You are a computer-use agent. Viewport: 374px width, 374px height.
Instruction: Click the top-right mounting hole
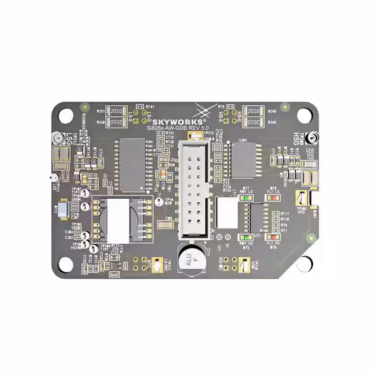[x=304, y=115]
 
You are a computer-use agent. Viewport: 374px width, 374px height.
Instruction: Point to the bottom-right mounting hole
[x=304, y=264]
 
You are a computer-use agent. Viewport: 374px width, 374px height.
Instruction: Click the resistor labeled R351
[x=115, y=111]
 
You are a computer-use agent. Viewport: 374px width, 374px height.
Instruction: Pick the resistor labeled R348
[x=253, y=111]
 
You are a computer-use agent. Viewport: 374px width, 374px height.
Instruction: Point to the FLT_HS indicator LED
[x=272, y=237]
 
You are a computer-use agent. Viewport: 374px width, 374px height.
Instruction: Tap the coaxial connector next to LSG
[x=57, y=138]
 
